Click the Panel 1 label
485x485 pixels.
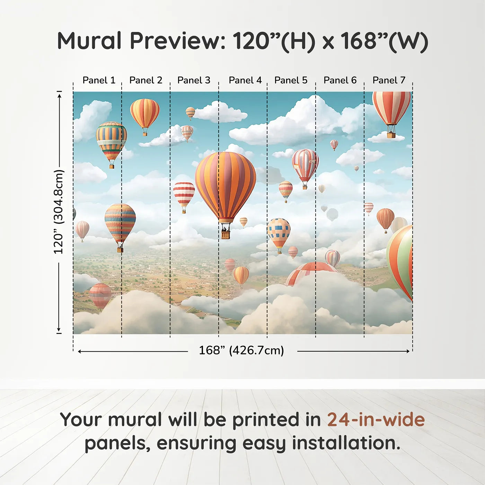pyautogui.click(x=99, y=80)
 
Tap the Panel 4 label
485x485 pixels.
pyautogui.click(x=245, y=80)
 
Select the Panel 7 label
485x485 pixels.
pyautogui.click(x=389, y=80)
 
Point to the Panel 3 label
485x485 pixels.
pyautogui.click(x=194, y=80)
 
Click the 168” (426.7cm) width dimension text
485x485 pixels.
pyautogui.click(x=241, y=351)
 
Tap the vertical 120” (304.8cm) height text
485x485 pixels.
pyautogui.click(x=59, y=212)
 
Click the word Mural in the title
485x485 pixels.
pyautogui.click(x=89, y=41)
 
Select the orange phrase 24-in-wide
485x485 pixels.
pyautogui.click(x=376, y=420)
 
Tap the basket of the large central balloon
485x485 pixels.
pyautogui.click(x=226, y=235)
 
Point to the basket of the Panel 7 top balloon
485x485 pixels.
pyautogui.click(x=391, y=135)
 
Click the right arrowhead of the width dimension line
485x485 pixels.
pyautogui.click(x=408, y=351)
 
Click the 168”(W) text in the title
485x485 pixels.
pyautogui.click(x=385, y=42)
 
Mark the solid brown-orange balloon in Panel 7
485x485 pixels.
pyautogui.click(x=385, y=218)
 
